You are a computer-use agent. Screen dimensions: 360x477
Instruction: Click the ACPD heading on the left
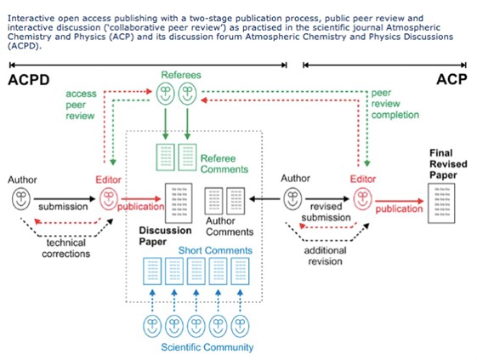pos(28,81)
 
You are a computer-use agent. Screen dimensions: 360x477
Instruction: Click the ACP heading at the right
pos(451,81)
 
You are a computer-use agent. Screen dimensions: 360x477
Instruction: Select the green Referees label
pos(181,76)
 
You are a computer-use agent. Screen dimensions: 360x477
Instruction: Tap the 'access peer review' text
pos(81,104)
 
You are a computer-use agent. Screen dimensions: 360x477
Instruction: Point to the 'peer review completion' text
pos(395,103)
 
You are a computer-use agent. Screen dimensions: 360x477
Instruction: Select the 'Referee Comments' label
pos(224,163)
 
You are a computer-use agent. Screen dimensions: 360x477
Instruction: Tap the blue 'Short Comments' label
pos(215,250)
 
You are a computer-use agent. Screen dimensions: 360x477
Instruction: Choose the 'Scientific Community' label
pos(207,347)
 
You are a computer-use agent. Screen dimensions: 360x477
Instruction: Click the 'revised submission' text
pos(330,211)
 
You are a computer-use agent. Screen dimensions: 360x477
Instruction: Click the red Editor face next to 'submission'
pos(108,201)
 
